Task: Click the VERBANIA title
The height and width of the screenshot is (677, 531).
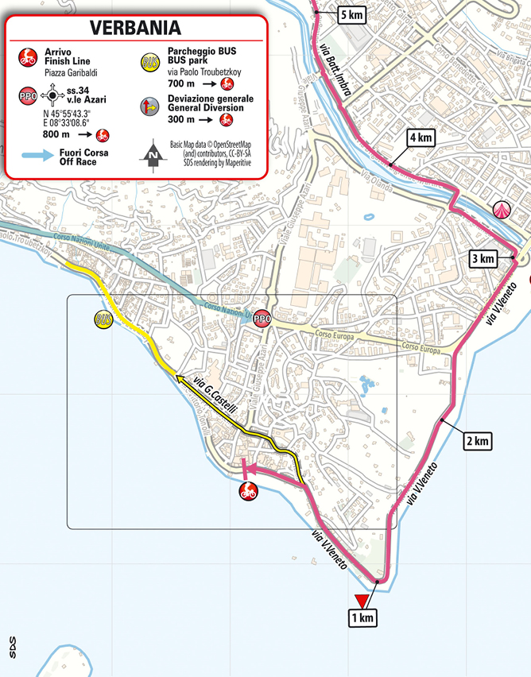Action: pos(134,28)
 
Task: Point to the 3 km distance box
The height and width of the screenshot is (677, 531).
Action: pos(484,259)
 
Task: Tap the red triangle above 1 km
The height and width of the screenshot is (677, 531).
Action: pos(362,600)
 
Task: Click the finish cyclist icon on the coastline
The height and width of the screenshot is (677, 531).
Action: pos(248,492)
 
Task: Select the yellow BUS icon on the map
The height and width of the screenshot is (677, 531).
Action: pos(103,319)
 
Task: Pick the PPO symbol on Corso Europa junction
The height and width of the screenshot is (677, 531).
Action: pos(262,319)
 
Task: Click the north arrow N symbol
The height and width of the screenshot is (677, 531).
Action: pos(153,156)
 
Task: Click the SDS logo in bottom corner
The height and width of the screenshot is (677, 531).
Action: pos(11,647)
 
